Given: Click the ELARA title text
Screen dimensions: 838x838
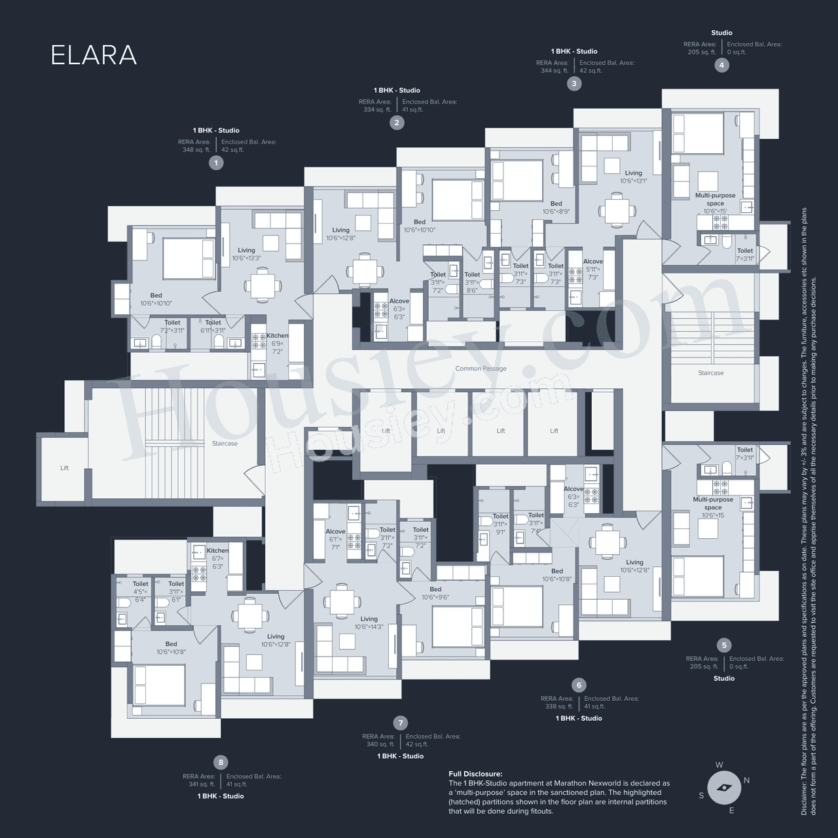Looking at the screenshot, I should click(x=94, y=56).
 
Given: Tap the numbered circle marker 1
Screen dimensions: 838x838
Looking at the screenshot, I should click(x=215, y=163).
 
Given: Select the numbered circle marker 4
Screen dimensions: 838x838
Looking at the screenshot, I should click(x=721, y=65).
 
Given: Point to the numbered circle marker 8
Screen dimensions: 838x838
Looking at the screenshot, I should click(x=221, y=762).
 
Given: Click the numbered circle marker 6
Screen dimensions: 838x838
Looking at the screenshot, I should click(x=579, y=685).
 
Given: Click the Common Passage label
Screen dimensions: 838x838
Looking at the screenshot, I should click(x=481, y=369).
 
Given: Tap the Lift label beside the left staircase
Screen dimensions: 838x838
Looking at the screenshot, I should click(x=64, y=468).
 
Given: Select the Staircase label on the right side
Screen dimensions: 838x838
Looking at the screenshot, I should click(x=710, y=373).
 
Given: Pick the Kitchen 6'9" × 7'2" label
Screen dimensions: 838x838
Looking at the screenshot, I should click(x=277, y=343).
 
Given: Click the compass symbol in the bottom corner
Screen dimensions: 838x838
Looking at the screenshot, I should click(x=723, y=788).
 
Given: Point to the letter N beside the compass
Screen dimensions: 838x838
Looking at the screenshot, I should click(x=746, y=780).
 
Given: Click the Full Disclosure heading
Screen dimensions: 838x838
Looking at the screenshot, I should click(x=475, y=774).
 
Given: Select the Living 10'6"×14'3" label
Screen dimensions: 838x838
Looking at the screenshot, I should click(x=369, y=623).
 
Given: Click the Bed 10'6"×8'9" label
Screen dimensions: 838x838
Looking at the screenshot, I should click(x=556, y=208).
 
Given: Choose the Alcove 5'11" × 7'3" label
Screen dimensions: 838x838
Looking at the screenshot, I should click(x=592, y=269).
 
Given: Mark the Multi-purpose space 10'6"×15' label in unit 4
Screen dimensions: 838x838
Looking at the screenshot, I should click(x=715, y=203).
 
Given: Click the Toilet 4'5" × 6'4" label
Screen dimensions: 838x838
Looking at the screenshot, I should click(x=140, y=591).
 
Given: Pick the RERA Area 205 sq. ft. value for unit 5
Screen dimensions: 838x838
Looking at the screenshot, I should click(x=702, y=666).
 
